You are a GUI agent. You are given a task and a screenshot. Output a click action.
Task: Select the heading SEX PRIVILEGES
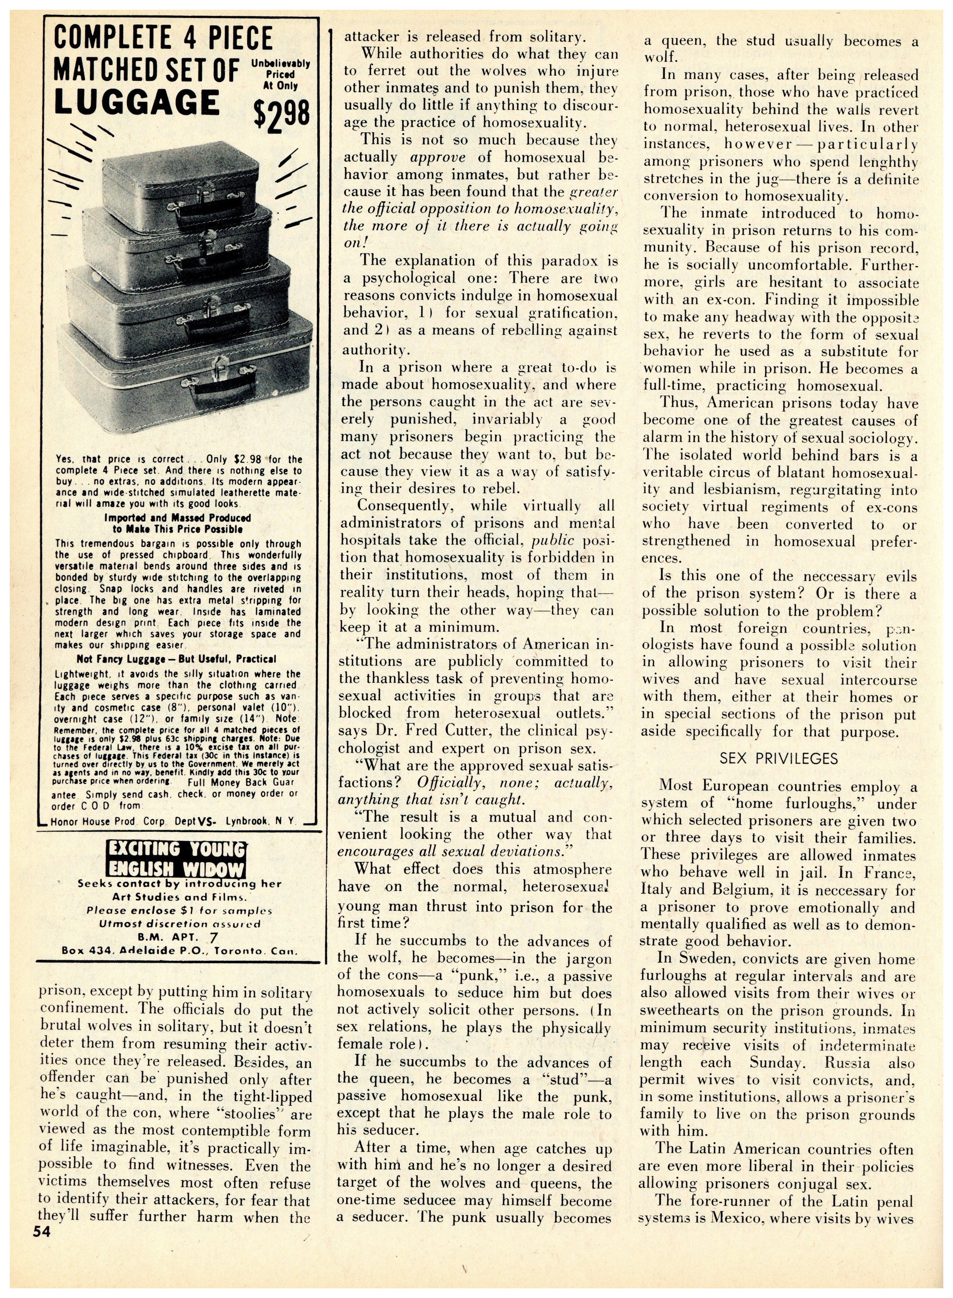click(x=778, y=759)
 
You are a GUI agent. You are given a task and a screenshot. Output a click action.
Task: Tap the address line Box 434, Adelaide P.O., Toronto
click(x=179, y=950)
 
